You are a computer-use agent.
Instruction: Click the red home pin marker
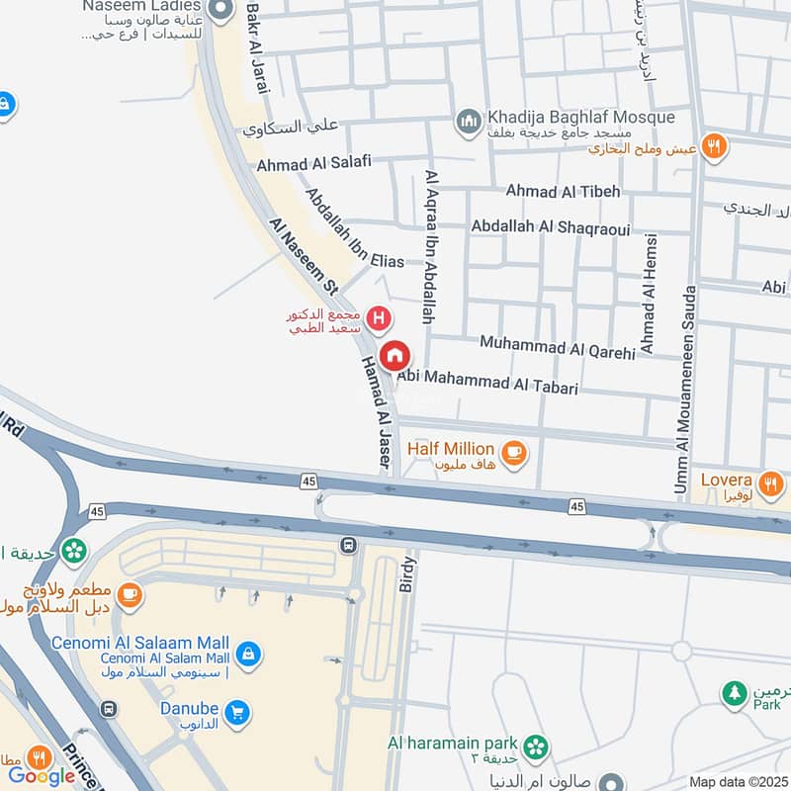pos(395,354)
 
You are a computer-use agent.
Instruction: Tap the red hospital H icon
pos(377,318)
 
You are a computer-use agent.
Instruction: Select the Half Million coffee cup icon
pos(513,453)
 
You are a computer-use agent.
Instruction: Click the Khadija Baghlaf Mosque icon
pos(468,122)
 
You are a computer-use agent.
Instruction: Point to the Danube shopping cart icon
pos(236,711)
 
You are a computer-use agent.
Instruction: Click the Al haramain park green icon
pos(536,746)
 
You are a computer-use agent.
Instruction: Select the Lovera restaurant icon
pos(773,482)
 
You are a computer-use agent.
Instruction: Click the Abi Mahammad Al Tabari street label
pos(486,383)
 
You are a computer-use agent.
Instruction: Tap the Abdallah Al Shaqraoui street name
pos(550,226)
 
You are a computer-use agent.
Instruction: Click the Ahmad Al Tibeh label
pos(563,191)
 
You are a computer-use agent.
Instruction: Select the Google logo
pos(42,775)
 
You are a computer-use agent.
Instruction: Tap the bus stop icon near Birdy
pos(348,545)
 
